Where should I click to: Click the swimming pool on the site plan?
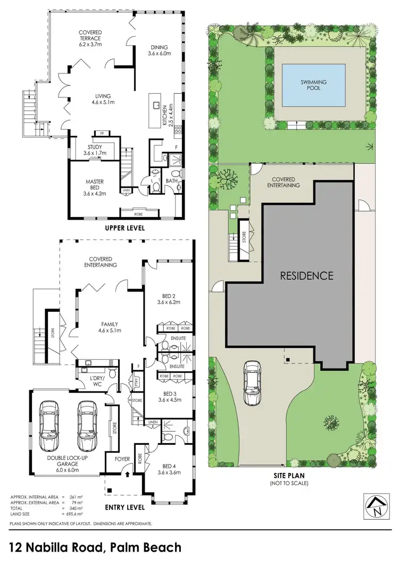[313, 85]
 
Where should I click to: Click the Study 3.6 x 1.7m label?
[95, 151]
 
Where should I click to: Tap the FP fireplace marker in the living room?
[101, 133]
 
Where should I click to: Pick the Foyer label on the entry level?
[115, 459]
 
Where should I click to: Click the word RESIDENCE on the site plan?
[307, 276]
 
